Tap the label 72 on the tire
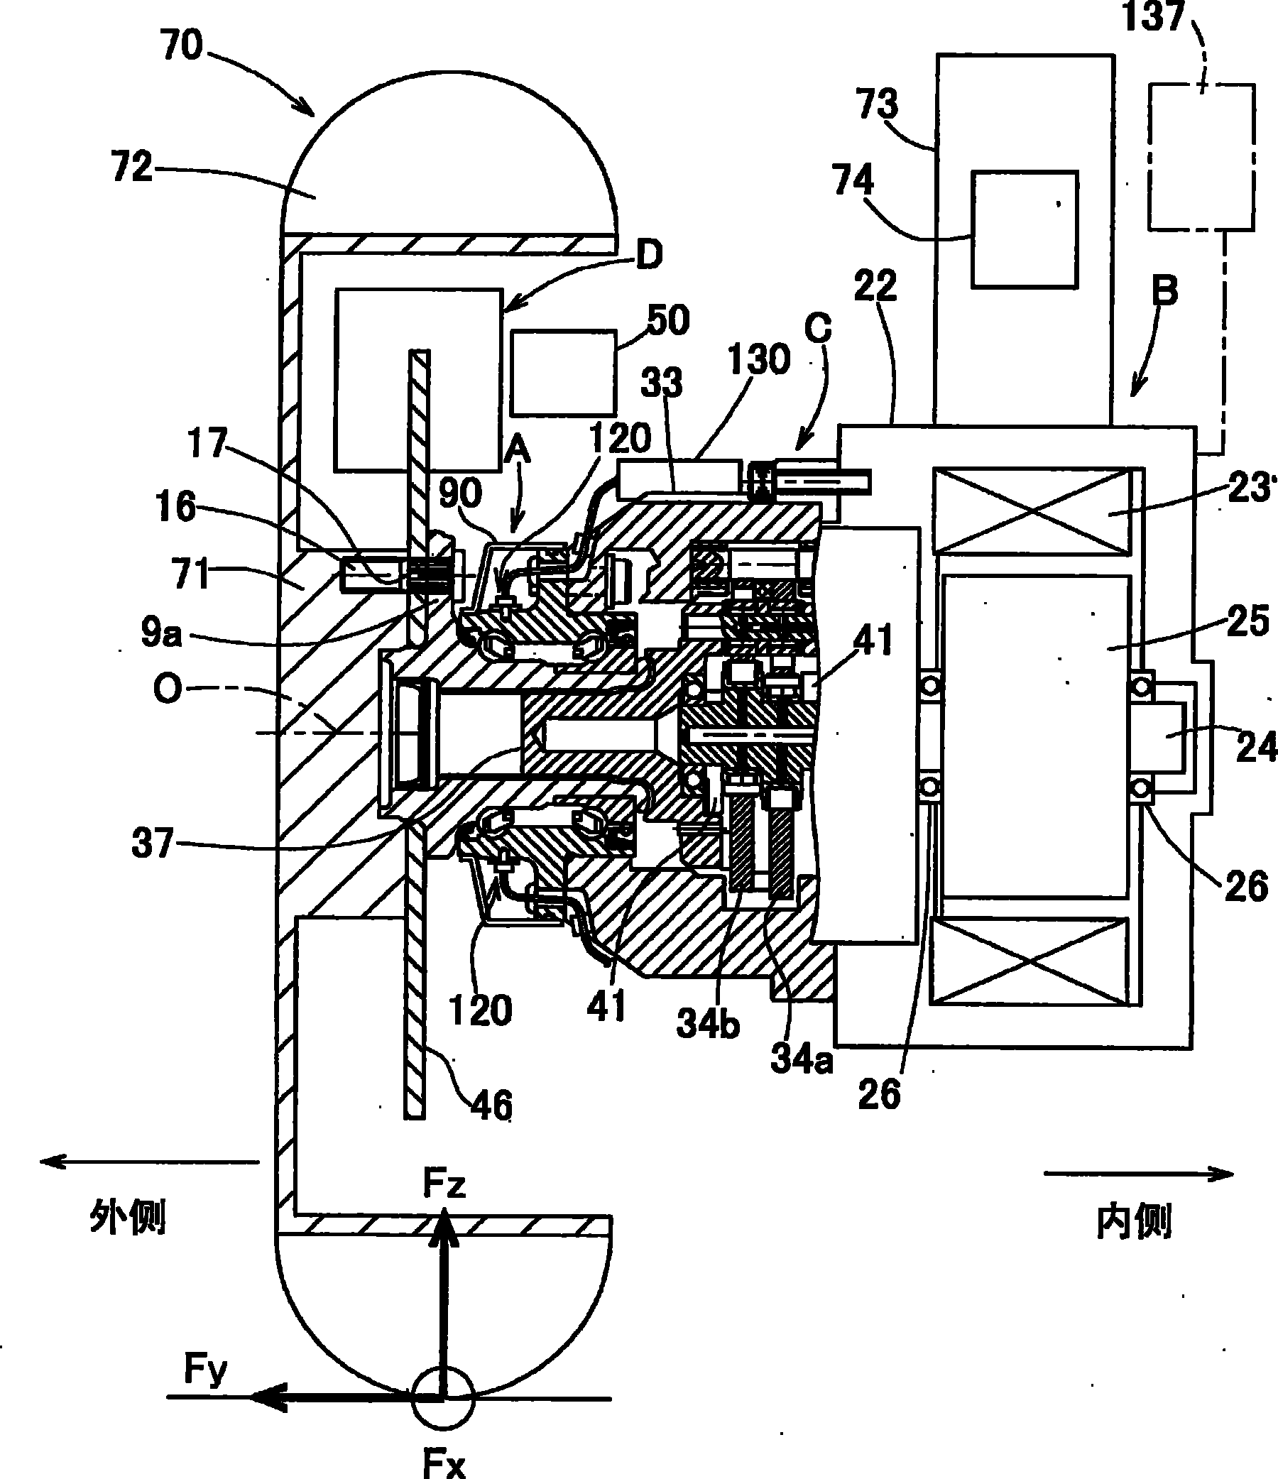(133, 166)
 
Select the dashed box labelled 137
(1201, 157)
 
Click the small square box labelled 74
(1025, 229)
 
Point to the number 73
(877, 104)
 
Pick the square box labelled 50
(563, 373)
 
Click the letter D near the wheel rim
(649, 255)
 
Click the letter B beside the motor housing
(1165, 291)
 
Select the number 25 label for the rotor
(1249, 621)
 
